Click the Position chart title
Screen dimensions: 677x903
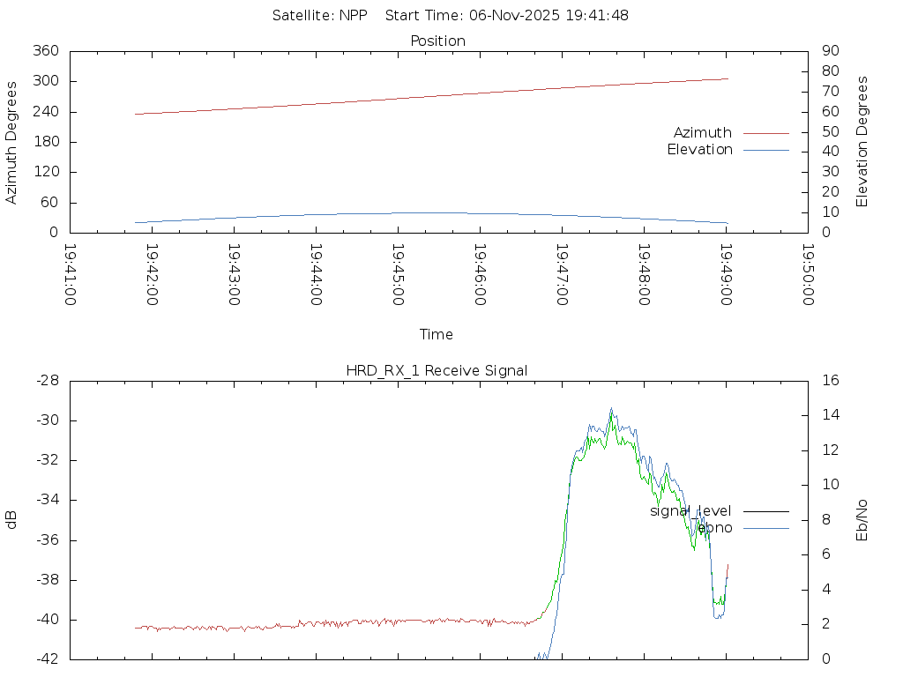coord(437,41)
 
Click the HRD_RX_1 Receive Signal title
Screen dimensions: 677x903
coord(437,370)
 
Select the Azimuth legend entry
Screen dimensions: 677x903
coord(703,132)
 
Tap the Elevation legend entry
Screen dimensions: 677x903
coord(700,150)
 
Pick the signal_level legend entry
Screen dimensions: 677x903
coord(690,510)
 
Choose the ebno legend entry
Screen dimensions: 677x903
coord(714,527)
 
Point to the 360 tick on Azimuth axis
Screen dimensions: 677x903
coord(45,51)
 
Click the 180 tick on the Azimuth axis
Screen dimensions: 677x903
coord(45,142)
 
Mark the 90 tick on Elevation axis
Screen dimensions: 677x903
coord(830,51)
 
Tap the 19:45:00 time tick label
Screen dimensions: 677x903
coord(398,275)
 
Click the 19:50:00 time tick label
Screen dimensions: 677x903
coord(807,275)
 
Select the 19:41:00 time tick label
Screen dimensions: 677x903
coord(71,275)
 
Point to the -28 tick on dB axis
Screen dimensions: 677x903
coord(46,380)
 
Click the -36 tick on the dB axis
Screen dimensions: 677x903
coord(46,540)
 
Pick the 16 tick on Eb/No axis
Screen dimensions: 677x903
coord(830,380)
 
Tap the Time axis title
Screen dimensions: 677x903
coord(437,334)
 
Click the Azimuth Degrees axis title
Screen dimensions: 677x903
coord(11,142)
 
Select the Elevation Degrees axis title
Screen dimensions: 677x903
coord(862,142)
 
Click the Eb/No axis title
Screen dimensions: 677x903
coord(862,519)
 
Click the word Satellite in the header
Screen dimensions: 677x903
coord(302,15)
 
